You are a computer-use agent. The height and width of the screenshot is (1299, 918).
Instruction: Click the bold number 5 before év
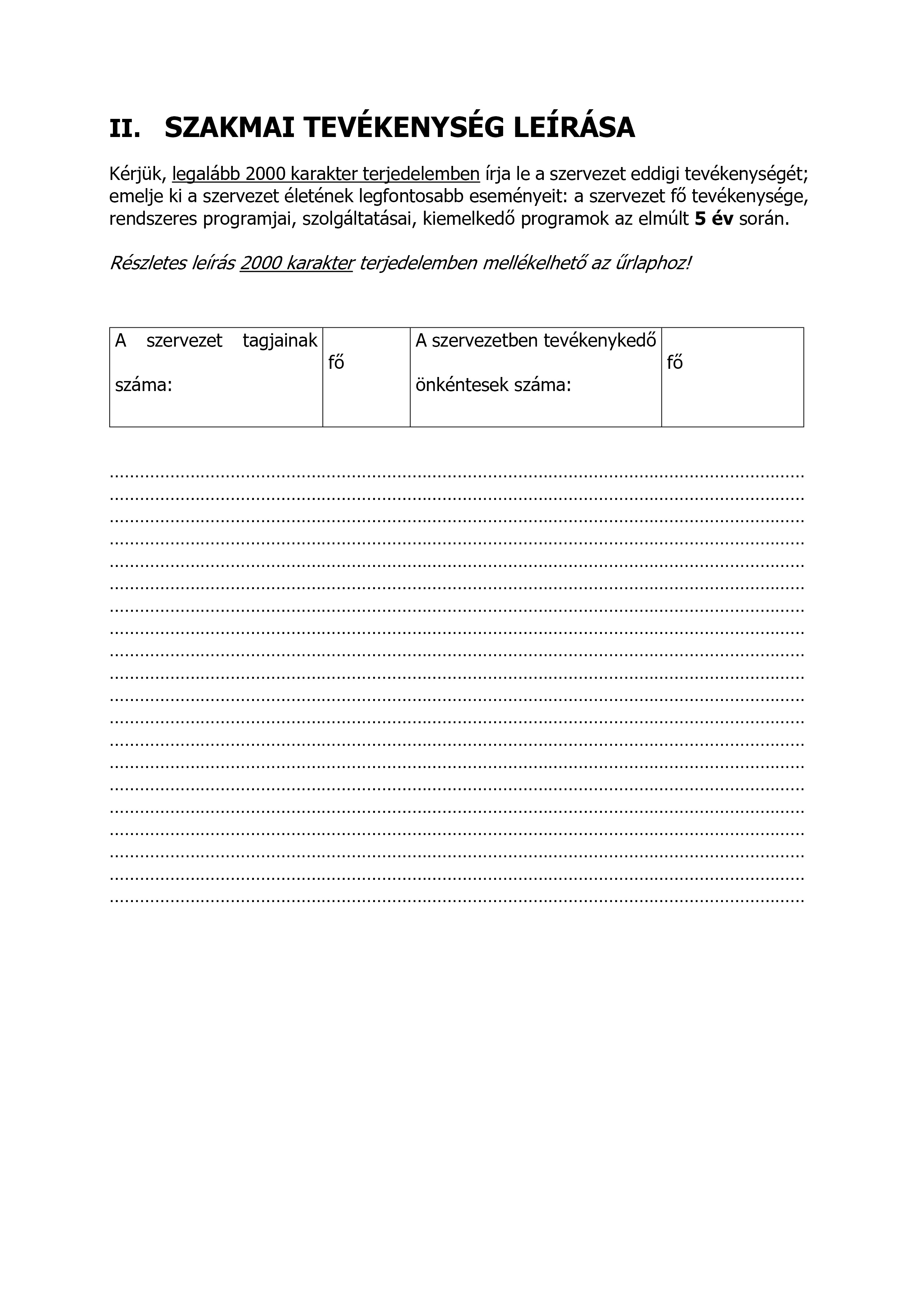point(700,219)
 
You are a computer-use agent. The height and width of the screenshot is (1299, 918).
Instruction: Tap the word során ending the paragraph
point(764,219)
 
